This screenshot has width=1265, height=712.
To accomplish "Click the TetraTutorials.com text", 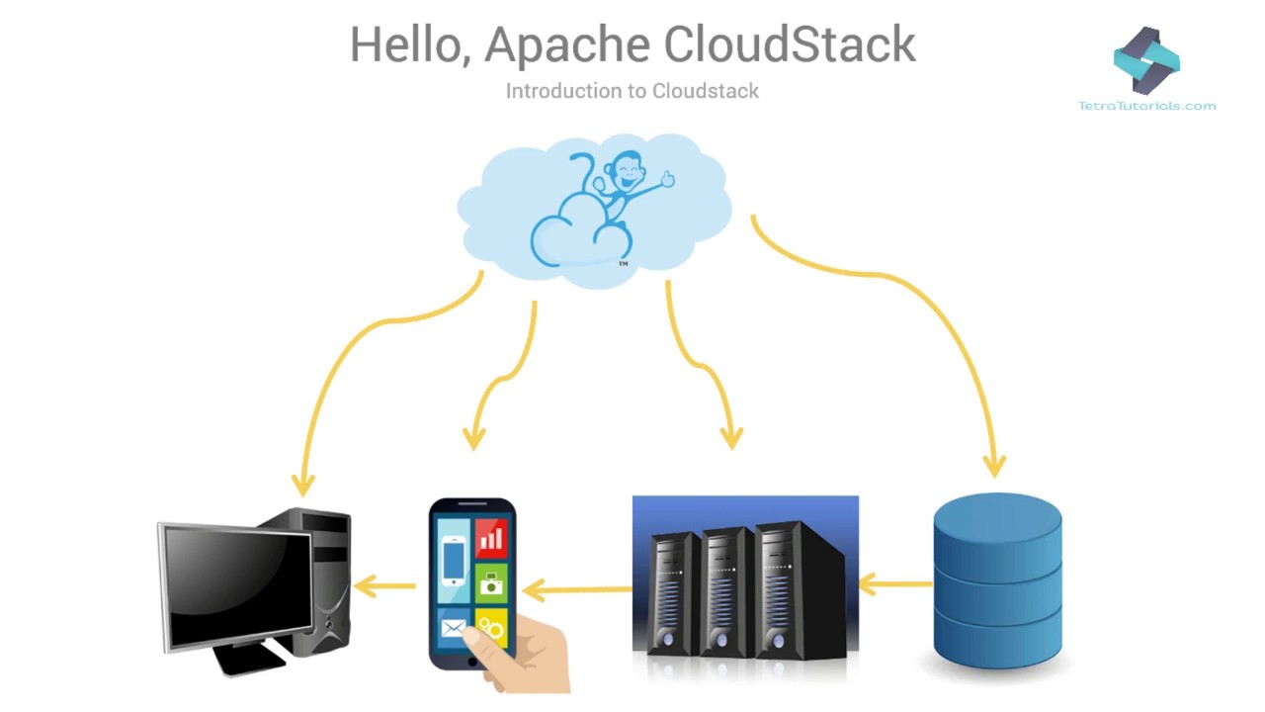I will [x=1146, y=106].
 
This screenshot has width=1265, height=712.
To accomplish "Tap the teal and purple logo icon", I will [x=1146, y=59].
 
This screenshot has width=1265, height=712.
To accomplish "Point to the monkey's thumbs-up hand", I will [x=667, y=179].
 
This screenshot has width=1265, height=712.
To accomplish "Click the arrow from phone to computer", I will [x=385, y=586].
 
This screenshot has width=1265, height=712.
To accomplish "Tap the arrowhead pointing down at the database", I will [x=995, y=464].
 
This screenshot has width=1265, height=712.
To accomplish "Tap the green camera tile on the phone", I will [x=491, y=583].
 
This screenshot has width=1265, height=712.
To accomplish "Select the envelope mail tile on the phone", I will [x=454, y=627].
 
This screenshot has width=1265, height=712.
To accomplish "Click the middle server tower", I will [x=726, y=593].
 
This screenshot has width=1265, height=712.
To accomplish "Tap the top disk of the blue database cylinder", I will [x=997, y=524].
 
